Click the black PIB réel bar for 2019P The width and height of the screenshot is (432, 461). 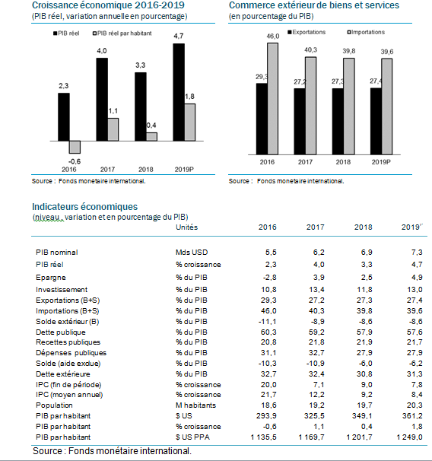[179, 92]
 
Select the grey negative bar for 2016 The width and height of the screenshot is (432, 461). [75, 147]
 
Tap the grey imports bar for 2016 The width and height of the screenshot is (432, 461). [272, 99]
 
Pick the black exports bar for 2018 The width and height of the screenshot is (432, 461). [338, 122]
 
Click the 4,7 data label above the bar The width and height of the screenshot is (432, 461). [179, 37]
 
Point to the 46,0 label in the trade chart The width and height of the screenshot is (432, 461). [273, 37]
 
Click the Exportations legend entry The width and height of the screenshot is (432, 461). [307, 32]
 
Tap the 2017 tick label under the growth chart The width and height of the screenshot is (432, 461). [107, 170]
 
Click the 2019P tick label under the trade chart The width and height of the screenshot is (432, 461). [381, 162]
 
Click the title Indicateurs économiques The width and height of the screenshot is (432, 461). [84, 207]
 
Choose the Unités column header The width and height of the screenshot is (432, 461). [186, 227]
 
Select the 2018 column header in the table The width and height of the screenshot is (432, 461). [364, 227]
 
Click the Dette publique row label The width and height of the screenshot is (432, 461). [61, 332]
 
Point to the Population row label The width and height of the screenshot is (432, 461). [54, 405]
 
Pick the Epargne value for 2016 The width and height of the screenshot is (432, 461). [269, 277]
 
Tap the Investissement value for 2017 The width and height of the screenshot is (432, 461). [316, 290]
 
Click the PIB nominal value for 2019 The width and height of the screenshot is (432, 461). [417, 253]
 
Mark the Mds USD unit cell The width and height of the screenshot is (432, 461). [192, 253]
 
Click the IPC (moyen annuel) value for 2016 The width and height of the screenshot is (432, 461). [268, 395]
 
